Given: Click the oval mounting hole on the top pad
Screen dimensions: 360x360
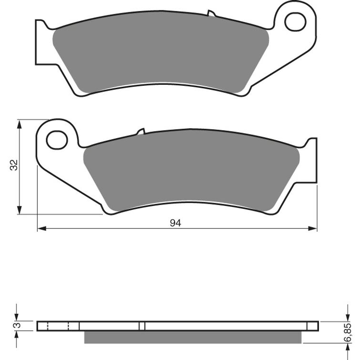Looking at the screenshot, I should (295, 21).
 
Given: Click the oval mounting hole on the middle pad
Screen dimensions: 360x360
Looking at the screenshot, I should (57, 139).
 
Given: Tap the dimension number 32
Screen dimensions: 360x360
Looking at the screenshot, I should (14, 165).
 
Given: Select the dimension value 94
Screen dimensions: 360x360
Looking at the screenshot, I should (176, 223).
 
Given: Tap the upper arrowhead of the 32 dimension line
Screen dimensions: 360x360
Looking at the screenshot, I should (19, 123).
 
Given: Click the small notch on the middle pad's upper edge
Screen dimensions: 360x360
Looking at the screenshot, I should (141, 131).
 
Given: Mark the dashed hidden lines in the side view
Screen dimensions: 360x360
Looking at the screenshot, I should (59, 326).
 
